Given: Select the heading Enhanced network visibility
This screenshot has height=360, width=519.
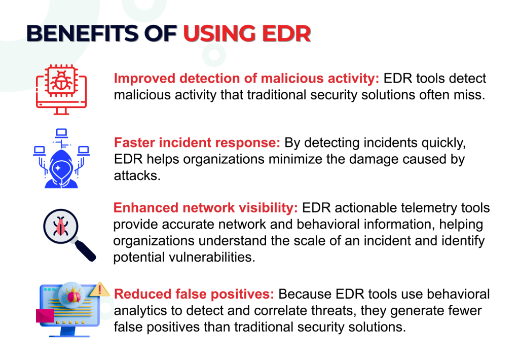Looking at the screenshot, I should (x=206, y=208).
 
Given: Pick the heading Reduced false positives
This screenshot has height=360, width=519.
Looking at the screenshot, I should (x=194, y=294).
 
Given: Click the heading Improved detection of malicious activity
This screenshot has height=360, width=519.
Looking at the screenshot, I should (x=246, y=79).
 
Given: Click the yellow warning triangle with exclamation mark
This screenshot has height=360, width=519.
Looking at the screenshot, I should (x=101, y=290).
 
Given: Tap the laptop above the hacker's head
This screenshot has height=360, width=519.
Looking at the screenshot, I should (x=61, y=133).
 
